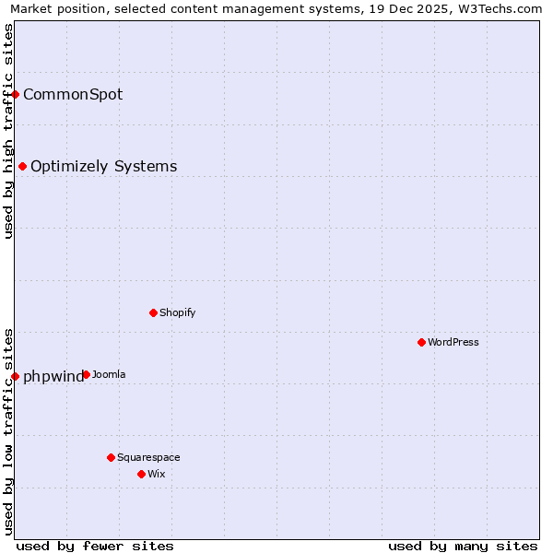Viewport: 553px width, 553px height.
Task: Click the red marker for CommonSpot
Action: [16, 94]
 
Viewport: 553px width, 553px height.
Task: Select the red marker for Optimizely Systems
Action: [23, 166]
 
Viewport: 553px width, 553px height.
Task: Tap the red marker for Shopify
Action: [154, 312]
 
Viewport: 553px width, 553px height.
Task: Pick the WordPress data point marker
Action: [422, 342]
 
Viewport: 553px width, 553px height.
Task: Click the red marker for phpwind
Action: [16, 376]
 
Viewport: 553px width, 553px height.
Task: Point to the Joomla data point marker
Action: [86, 374]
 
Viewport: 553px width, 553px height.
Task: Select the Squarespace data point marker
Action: [112, 457]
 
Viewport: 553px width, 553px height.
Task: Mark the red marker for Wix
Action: [142, 474]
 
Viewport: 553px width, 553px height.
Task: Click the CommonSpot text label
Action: [73, 94]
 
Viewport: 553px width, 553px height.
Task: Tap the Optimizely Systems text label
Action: [103, 166]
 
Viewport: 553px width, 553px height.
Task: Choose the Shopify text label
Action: [177, 312]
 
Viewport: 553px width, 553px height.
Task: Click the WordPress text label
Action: [453, 342]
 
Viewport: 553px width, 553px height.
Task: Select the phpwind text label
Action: [53, 376]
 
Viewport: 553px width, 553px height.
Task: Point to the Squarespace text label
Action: [148, 457]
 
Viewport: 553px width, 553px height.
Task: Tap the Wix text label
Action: [156, 474]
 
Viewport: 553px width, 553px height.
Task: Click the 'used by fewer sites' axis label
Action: [95, 546]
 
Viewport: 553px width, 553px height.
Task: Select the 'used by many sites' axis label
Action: [463, 546]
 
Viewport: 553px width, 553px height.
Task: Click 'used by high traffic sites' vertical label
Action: [8, 131]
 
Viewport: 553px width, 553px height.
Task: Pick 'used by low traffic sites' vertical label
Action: [8, 430]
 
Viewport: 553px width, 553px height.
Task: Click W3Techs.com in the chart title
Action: [499, 8]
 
